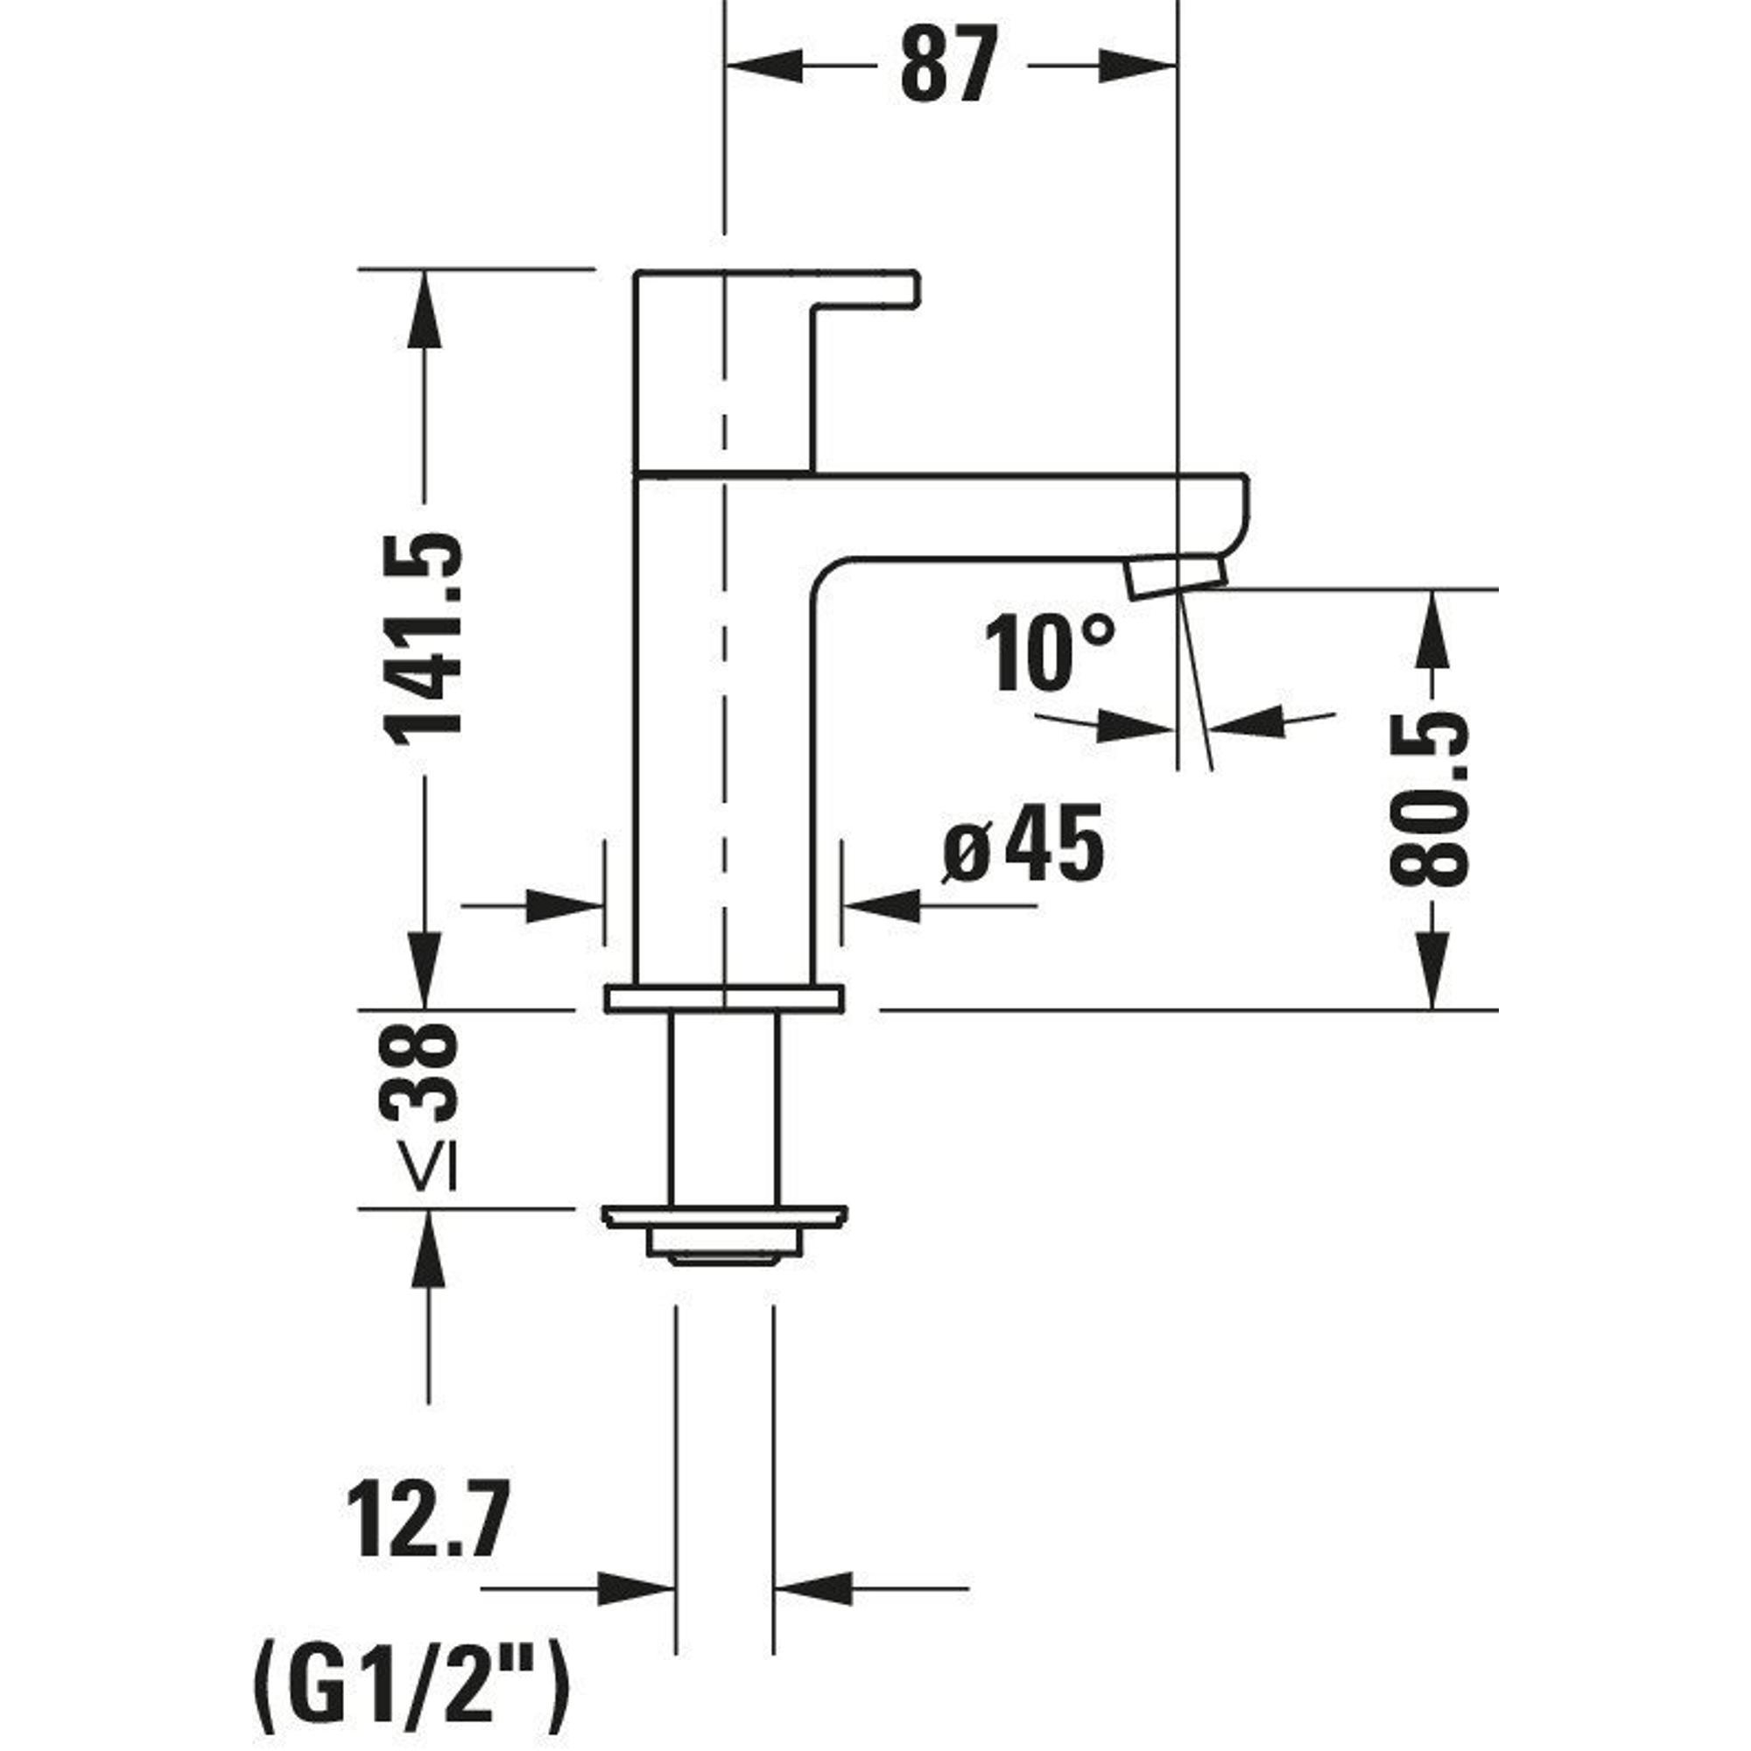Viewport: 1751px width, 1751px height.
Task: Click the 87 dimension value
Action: pos(948,66)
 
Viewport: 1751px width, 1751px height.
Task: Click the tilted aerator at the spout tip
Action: pos(1177,576)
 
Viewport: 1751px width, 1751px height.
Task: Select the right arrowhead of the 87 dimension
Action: pos(1138,67)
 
